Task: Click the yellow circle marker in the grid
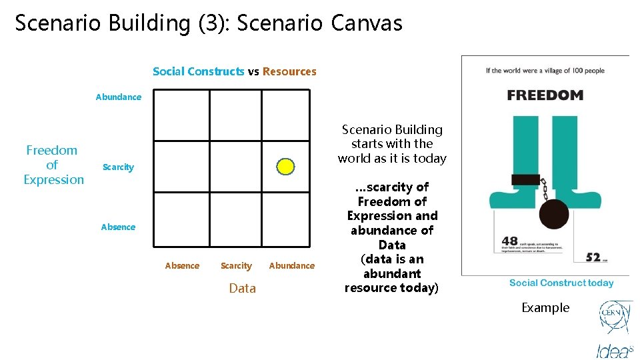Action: (x=285, y=167)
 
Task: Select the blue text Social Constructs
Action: (x=198, y=71)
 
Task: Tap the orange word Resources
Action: (x=289, y=71)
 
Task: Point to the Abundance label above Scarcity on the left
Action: (x=118, y=97)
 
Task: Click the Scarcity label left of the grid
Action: (x=118, y=167)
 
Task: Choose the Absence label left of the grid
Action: (x=118, y=227)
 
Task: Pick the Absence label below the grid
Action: (x=182, y=266)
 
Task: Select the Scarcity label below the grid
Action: (x=236, y=266)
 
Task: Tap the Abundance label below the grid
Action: (x=291, y=266)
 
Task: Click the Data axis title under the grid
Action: (x=242, y=288)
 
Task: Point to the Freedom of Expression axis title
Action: (x=53, y=165)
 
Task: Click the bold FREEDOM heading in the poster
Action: (x=545, y=95)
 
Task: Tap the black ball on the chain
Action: (x=553, y=214)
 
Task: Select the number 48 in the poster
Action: (x=509, y=242)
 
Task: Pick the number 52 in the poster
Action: (x=593, y=257)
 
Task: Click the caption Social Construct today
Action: (x=561, y=283)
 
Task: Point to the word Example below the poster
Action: (x=545, y=308)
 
